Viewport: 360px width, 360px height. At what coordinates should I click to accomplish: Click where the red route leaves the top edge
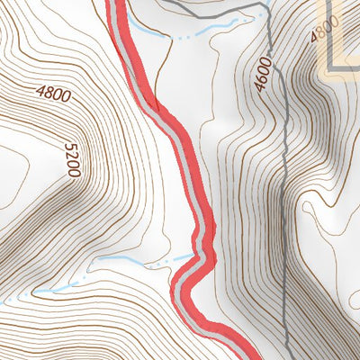[x=116, y=3]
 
